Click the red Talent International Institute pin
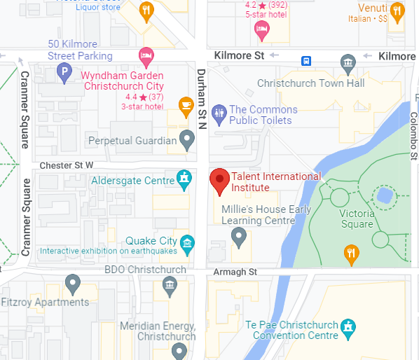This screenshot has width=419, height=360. pos(220,181)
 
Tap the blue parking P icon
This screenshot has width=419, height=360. pos(64,71)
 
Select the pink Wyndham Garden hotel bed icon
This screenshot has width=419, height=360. pos(146,54)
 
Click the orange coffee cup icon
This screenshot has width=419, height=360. pos(186,106)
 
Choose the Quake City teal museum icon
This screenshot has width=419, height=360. pos(187,243)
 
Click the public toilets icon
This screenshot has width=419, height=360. pos(219,113)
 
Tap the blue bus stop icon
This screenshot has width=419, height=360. pos(307,60)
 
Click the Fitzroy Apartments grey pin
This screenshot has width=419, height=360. pos(72,284)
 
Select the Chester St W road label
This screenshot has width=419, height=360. pos(67,165)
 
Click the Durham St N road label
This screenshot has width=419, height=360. pos(202,99)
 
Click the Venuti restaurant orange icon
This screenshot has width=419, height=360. pos(397,11)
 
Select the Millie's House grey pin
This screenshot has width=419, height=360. pos(239,237)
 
